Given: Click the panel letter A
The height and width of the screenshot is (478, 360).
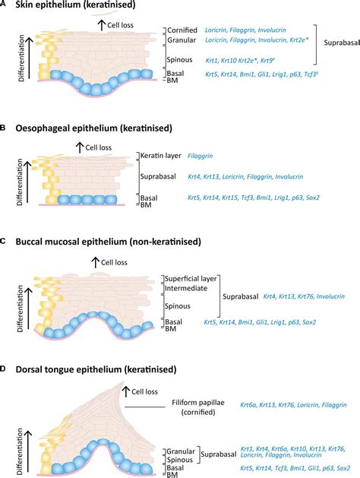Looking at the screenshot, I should tap(5, 6).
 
